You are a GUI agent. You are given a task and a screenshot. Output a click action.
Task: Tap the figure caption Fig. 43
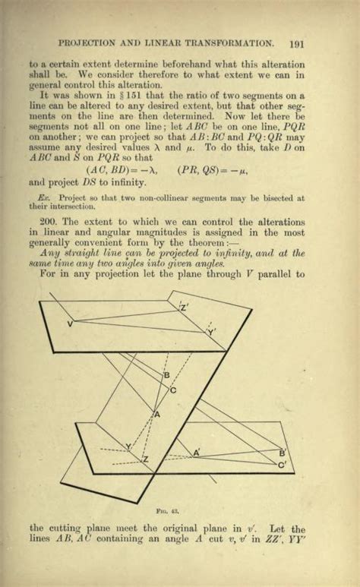click(180, 503)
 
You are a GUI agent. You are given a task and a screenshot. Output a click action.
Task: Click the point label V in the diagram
click(71, 324)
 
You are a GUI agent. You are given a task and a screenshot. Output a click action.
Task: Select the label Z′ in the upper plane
click(184, 308)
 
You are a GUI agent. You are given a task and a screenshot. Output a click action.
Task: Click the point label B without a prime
click(166, 375)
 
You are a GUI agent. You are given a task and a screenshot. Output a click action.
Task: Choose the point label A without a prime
click(157, 415)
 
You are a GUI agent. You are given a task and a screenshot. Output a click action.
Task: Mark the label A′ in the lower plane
click(196, 453)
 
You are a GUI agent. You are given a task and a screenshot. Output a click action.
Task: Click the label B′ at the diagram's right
click(282, 453)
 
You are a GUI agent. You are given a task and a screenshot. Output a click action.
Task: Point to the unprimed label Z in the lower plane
click(146, 460)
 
